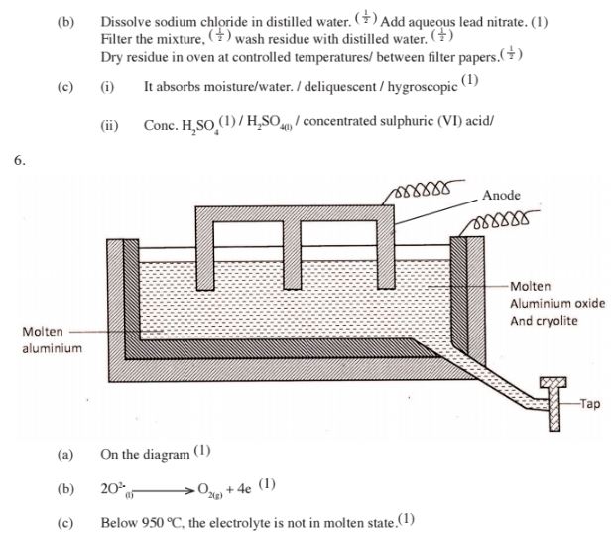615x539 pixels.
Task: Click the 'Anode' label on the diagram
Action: click(x=502, y=195)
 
